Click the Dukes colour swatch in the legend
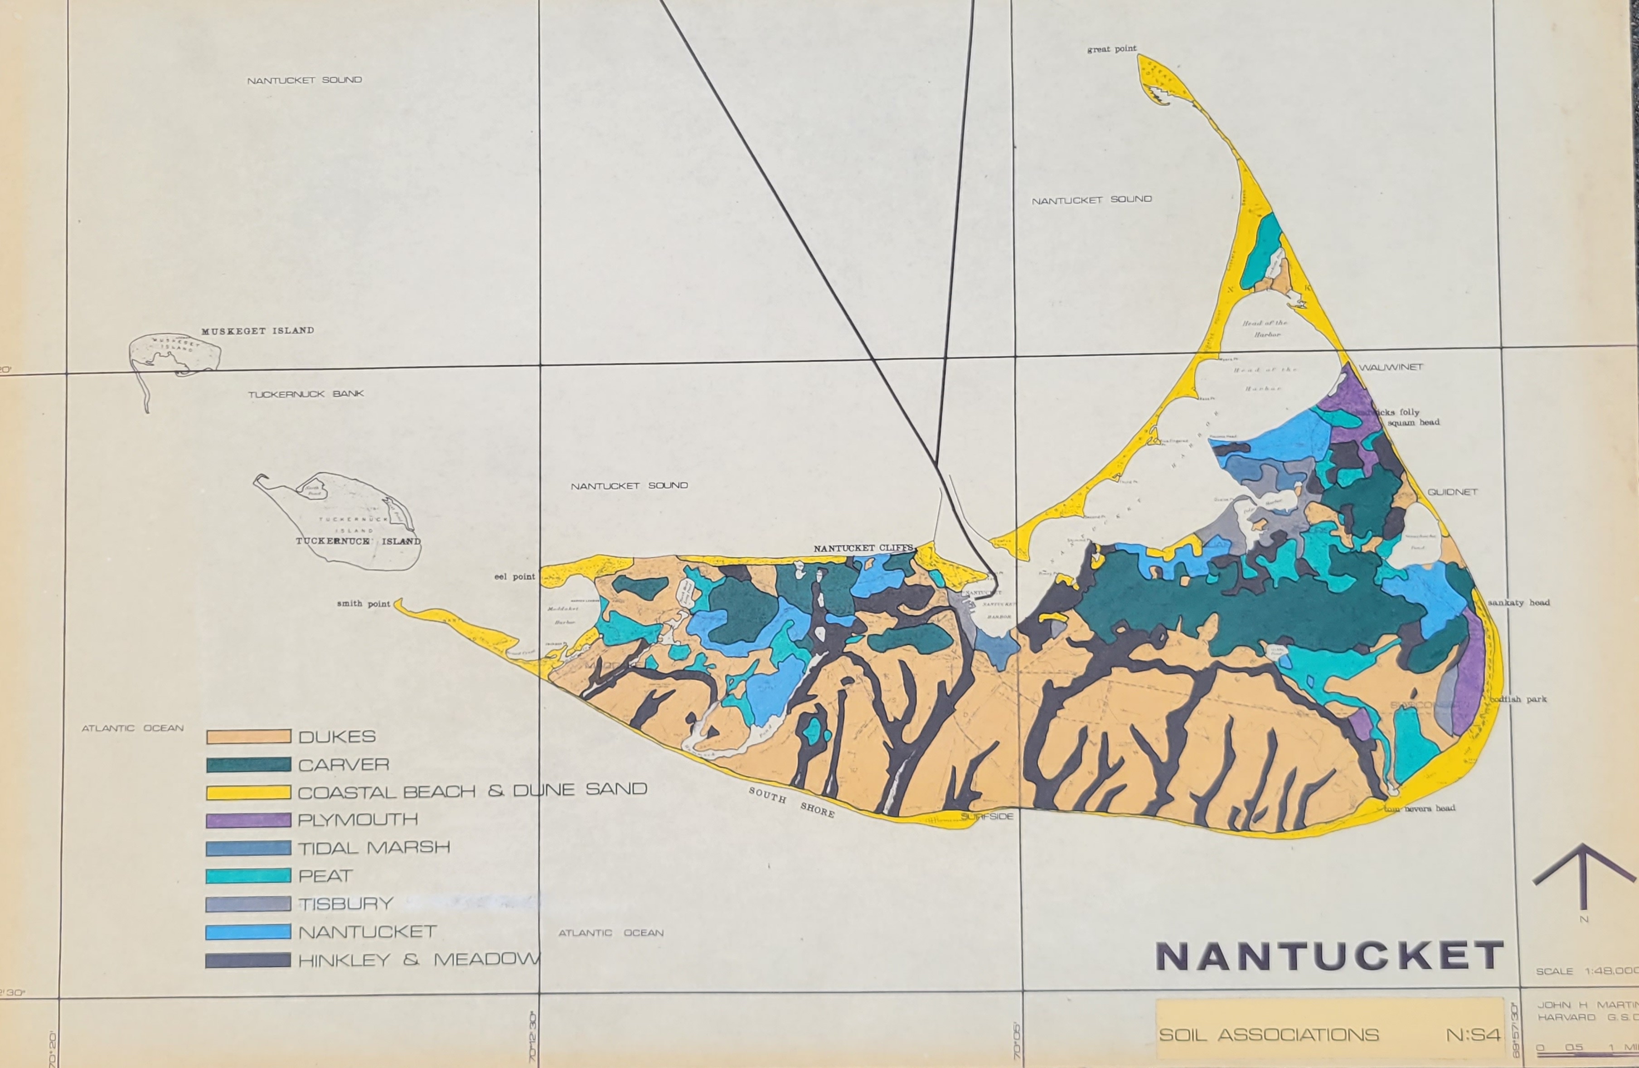pyautogui.click(x=248, y=737)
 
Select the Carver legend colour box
pyautogui.click(x=248, y=764)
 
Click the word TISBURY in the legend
pyautogui.click(x=346, y=904)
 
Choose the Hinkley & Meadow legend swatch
pyautogui.click(x=248, y=960)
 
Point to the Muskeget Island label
pyautogui.click(x=257, y=330)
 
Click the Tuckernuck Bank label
pyautogui.click(x=306, y=394)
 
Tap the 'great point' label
pyautogui.click(x=1111, y=49)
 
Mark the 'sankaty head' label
pyautogui.click(x=1518, y=603)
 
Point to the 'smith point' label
pyautogui.click(x=363, y=604)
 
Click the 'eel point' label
pyautogui.click(x=514, y=576)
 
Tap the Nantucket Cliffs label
pyautogui.click(x=863, y=548)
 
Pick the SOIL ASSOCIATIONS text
pyautogui.click(x=1269, y=1035)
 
